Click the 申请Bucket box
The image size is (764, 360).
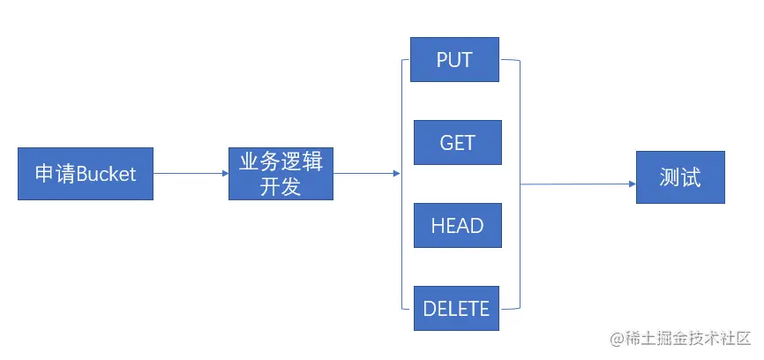point(85,174)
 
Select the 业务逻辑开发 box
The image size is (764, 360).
point(281,174)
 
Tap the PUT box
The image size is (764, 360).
point(455,60)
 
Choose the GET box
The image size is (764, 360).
point(457,143)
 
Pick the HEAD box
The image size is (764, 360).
point(457,225)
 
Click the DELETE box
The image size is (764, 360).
point(456,308)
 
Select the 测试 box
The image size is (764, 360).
point(679,177)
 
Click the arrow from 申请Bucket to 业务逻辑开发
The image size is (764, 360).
point(190,174)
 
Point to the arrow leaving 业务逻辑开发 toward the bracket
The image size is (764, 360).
point(366,174)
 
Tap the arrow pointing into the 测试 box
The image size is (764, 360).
point(578,184)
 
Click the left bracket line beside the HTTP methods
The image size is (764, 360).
point(402,184)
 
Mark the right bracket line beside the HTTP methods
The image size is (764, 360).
point(520,184)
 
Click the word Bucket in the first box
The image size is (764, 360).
point(107,174)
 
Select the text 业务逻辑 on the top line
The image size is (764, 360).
point(281,161)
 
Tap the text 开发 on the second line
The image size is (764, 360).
point(281,186)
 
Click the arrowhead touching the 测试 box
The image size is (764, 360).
point(632,184)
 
